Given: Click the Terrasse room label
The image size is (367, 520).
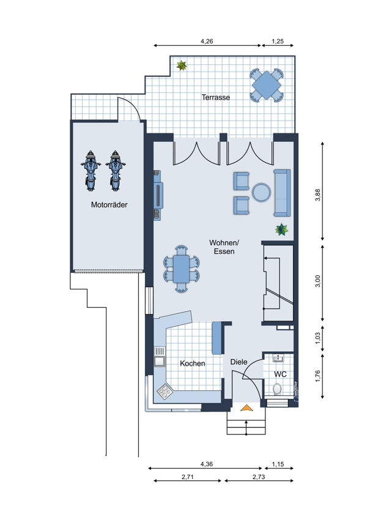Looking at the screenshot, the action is [x=216, y=97].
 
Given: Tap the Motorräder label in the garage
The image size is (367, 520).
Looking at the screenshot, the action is [x=109, y=204].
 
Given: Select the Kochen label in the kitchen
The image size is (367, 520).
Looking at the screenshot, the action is [x=192, y=363].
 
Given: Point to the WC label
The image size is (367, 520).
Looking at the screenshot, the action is [x=280, y=374].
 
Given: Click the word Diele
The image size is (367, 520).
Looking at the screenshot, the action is [x=239, y=362].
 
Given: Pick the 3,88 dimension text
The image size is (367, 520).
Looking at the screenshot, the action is [x=318, y=195].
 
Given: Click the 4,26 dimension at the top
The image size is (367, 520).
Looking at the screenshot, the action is [x=207, y=41].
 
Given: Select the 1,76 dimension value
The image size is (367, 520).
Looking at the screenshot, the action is [x=318, y=376].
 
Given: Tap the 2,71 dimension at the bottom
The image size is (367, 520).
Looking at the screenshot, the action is [x=187, y=477].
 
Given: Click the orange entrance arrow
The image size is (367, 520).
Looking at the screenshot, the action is [x=246, y=408].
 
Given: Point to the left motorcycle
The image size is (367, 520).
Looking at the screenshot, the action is [x=90, y=171].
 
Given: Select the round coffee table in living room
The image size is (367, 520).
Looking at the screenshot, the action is [x=261, y=192].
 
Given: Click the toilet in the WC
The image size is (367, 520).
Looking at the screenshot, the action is [x=277, y=388].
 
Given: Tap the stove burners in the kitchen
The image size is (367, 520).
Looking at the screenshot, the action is [x=165, y=392].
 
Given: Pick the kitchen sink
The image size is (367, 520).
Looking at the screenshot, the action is [x=160, y=356].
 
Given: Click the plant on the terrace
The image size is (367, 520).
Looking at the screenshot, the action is [x=181, y=65].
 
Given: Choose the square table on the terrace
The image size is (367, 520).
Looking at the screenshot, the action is [x=267, y=85].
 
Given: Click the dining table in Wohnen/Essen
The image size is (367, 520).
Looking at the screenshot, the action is [x=181, y=269].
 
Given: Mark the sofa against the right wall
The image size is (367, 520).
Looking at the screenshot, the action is [x=282, y=193].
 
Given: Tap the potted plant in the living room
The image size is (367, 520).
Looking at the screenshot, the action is [x=282, y=229].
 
